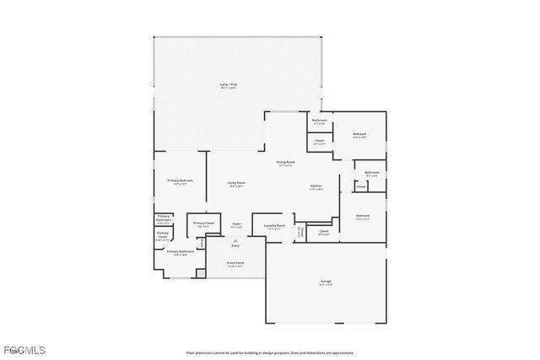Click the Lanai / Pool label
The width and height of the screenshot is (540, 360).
click(227, 84)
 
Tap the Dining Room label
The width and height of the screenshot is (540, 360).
click(285, 161)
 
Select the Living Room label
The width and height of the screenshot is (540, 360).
click(236, 183)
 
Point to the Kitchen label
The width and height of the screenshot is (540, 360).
click(316, 185)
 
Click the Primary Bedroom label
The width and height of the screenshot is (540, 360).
click(180, 180)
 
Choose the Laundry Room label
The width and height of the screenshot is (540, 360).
click(274, 225)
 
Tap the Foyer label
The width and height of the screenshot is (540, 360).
click(236, 223)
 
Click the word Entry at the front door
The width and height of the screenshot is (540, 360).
click(235, 245)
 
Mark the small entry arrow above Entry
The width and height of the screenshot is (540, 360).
click(235, 239)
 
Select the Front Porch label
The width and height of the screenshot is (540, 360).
click(235, 262)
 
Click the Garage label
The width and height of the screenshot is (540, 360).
click(326, 281)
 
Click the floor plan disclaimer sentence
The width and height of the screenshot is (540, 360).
click(270, 352)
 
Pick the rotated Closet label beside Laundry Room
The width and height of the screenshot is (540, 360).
click(300, 230)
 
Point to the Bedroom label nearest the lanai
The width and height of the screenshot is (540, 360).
click(359, 135)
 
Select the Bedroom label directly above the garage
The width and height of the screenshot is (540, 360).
click(363, 216)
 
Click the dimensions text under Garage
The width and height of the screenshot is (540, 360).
click(326, 285)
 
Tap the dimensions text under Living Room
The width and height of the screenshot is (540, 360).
click(236, 187)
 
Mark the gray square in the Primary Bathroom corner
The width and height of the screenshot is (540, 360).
click(200, 272)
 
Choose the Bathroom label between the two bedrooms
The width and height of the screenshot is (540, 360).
click(372, 172)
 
